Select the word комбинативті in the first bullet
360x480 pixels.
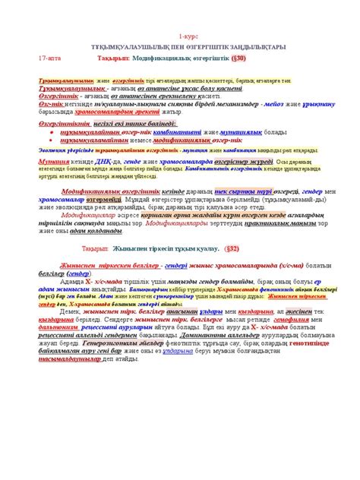click(167, 131)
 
